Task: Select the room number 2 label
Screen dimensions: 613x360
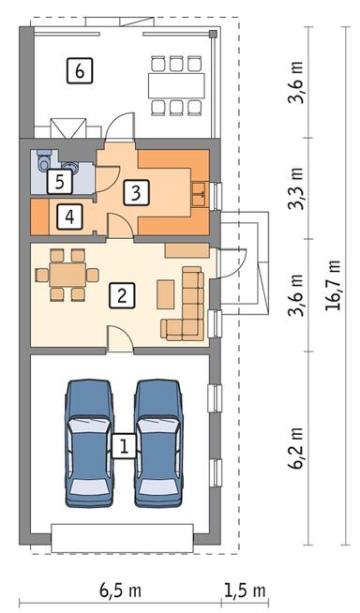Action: click(121, 296)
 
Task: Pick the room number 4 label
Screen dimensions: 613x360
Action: click(67, 217)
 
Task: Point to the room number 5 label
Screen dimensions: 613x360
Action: click(59, 181)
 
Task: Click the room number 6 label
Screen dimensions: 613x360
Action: click(80, 68)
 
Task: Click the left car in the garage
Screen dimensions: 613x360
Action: click(87, 441)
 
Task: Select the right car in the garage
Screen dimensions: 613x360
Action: click(157, 441)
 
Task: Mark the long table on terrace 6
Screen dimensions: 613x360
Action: click(175, 85)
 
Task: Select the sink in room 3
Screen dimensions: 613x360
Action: click(199, 194)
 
